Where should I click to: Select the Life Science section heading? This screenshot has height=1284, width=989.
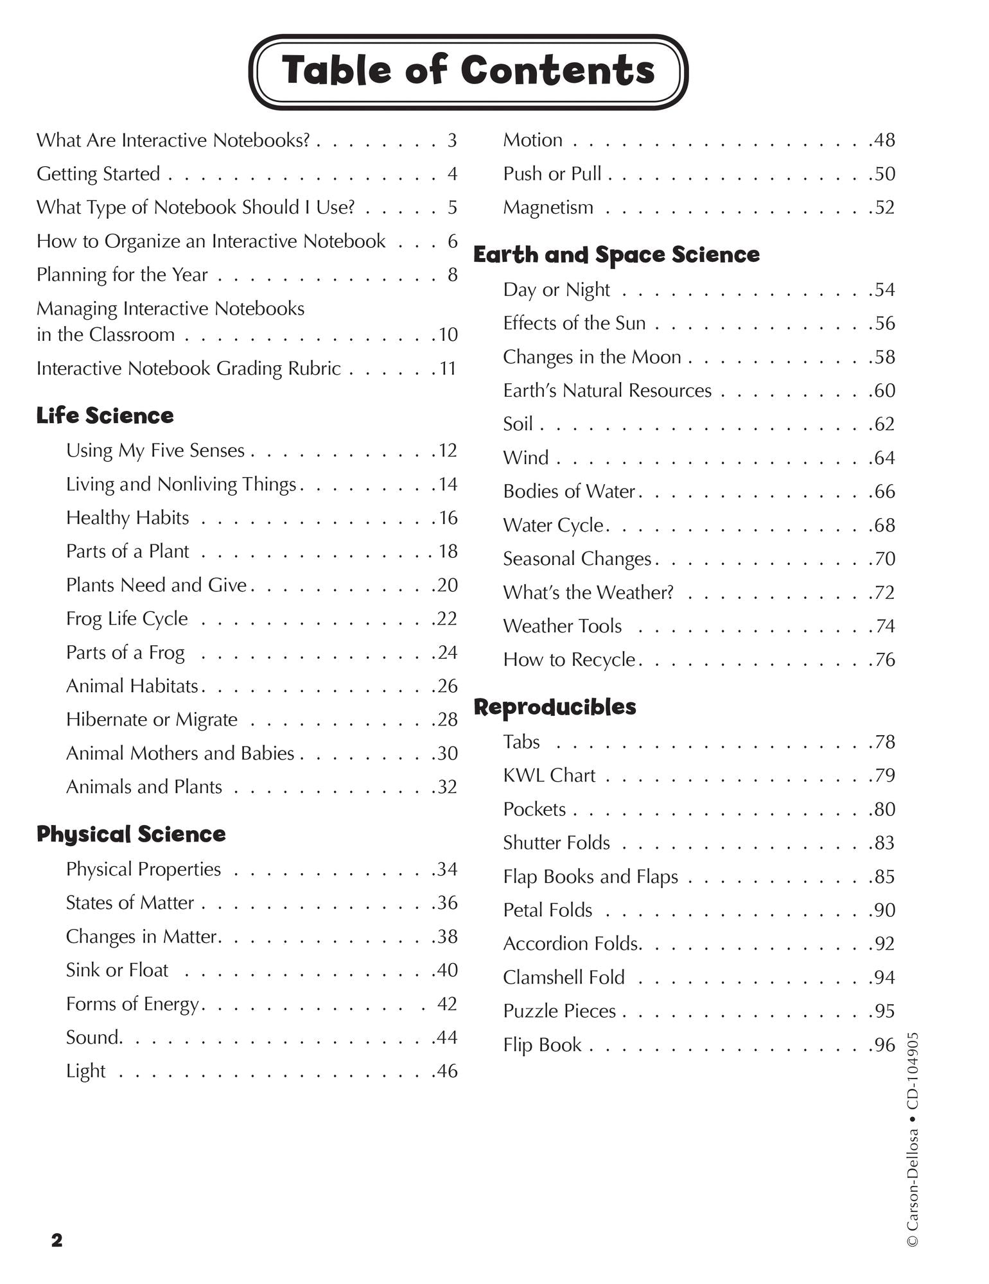pyautogui.click(x=105, y=415)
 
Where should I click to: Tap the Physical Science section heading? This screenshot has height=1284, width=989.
pyautogui.click(x=131, y=834)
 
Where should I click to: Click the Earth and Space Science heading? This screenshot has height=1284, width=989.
pyautogui.click(x=616, y=255)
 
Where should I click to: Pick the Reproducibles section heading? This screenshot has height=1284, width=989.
pyautogui.click(x=554, y=707)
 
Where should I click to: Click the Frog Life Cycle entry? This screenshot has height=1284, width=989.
pyautogui.click(x=127, y=618)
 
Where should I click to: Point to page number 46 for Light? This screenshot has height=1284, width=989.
pyautogui.click(x=447, y=1071)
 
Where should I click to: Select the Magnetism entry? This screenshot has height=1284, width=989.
pyautogui.click(x=548, y=207)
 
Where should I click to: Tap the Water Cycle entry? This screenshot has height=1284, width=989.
pyautogui.click(x=553, y=525)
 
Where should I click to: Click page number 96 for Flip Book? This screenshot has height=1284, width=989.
pyautogui.click(x=884, y=1045)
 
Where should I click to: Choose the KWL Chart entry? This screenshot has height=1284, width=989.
pyautogui.click(x=549, y=776)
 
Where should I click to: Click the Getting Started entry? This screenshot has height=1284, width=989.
pyautogui.click(x=98, y=174)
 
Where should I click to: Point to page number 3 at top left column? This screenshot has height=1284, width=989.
pyautogui.click(x=452, y=140)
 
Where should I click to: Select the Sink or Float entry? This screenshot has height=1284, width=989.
pyautogui.click(x=117, y=970)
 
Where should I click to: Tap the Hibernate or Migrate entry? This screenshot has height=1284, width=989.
pyautogui.click(x=152, y=720)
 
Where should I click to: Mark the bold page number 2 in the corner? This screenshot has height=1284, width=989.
pyautogui.click(x=57, y=1240)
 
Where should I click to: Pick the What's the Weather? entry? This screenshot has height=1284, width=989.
pyautogui.click(x=588, y=593)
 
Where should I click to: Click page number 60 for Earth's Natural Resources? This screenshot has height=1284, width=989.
pyautogui.click(x=884, y=390)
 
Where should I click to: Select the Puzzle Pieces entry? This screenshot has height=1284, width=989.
pyautogui.click(x=559, y=1011)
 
